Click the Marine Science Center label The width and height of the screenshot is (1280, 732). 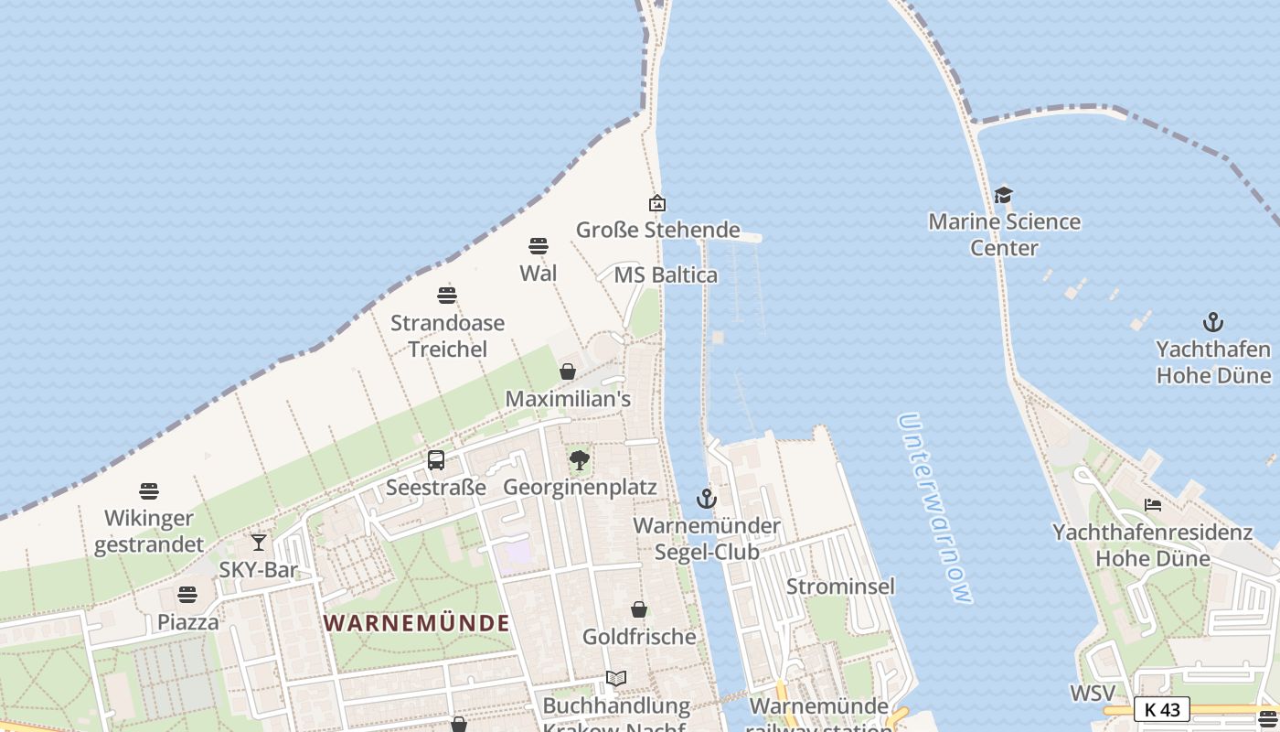(1004, 234)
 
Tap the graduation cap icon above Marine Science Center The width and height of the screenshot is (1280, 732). (1004, 195)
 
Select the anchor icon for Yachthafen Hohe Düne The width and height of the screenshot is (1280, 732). (1212, 322)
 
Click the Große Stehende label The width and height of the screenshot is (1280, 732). (657, 230)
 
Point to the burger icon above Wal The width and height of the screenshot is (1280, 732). (539, 246)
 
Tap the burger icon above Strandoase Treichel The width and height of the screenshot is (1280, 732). (447, 296)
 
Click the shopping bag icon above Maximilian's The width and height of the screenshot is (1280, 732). (568, 371)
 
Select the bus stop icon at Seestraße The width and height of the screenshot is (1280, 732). (436, 460)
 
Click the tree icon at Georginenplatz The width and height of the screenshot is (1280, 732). (580, 459)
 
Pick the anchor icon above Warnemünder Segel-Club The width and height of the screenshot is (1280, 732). (707, 499)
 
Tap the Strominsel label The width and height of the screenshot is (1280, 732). (840, 587)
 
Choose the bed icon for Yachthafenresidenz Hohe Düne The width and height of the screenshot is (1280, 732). (1153, 505)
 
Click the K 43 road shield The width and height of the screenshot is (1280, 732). (1162, 709)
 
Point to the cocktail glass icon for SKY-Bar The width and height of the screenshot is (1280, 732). (259, 543)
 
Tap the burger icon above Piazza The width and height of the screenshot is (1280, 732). (187, 595)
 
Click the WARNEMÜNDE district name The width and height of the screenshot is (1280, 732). (417, 623)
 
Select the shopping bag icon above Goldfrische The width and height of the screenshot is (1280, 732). (639, 609)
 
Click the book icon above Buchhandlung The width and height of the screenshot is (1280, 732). (616, 679)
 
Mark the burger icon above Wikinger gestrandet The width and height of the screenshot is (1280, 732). (149, 491)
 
